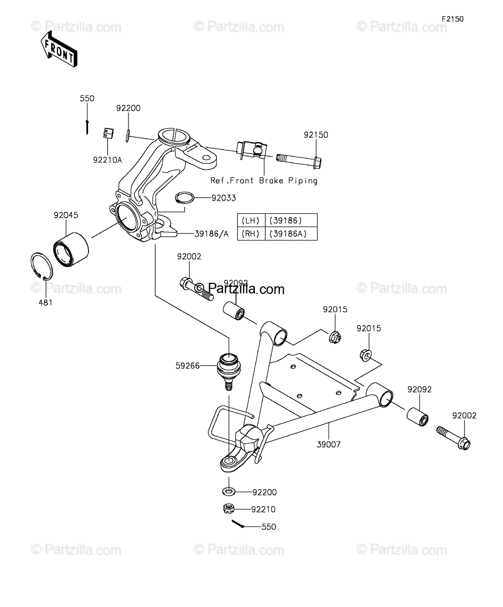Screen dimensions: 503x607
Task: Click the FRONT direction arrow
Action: [x=59, y=49]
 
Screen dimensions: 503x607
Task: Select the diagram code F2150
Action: [x=453, y=19]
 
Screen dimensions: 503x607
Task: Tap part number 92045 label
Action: [x=66, y=215]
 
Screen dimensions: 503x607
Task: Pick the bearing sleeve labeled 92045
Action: [x=71, y=249]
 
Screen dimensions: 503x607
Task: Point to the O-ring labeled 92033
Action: [x=185, y=198]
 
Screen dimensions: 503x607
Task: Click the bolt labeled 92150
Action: [x=298, y=161]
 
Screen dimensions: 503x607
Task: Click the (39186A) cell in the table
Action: [x=291, y=234]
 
